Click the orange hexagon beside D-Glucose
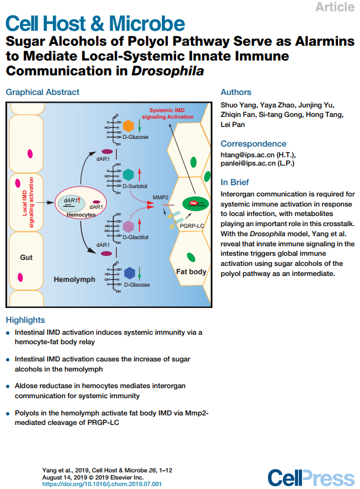pos(128,126)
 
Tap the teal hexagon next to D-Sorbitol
pos(128,174)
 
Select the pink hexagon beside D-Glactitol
pos(128,226)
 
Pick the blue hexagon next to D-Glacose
pos(129,273)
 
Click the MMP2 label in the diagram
pos(161,198)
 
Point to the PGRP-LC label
pos(192,226)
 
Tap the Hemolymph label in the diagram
pos(75,280)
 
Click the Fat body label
pos(191,272)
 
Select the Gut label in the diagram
pos(26,258)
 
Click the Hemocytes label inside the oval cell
pos(81,215)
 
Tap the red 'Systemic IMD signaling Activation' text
pos(168,113)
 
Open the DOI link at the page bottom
pos(102,484)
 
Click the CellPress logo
pos(311,478)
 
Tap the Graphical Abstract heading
pos(43,92)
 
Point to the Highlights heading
pos(26,320)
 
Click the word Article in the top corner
pos(335,7)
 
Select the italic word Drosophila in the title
pos(168,71)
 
